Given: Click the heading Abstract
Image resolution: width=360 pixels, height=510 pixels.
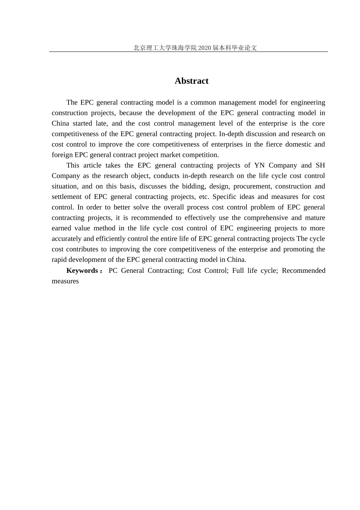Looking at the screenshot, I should click(x=191, y=81).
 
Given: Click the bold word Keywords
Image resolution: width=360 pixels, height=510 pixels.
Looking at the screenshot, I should click(x=82, y=271).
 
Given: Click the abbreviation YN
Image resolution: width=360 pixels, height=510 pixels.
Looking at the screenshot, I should click(x=259, y=165).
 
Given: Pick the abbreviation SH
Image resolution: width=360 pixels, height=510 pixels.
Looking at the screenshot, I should click(x=320, y=165).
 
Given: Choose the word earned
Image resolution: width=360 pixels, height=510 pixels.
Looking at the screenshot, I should click(x=61, y=228).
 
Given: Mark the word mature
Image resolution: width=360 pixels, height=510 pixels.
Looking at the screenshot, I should click(x=315, y=218).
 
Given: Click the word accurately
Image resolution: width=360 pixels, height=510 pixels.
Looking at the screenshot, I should click(x=67, y=239).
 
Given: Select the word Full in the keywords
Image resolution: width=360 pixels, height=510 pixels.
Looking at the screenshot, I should click(x=238, y=271).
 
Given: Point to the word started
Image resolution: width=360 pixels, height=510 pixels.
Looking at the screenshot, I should click(x=83, y=124).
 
